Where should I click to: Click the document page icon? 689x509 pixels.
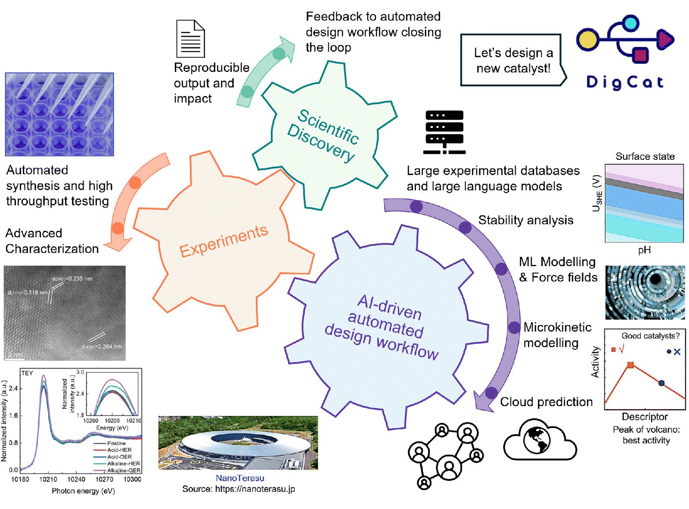(x=190, y=39)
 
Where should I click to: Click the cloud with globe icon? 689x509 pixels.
(x=539, y=440)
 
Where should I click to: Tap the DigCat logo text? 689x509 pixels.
(x=625, y=82)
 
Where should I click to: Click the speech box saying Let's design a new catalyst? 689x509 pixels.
(x=512, y=60)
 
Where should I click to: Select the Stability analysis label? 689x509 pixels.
(x=526, y=220)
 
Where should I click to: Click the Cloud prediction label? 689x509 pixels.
(x=546, y=402)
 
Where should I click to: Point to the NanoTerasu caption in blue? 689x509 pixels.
(x=240, y=478)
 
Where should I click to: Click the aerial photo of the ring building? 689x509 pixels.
(x=238, y=443)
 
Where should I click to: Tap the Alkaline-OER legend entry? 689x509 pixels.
(x=123, y=471)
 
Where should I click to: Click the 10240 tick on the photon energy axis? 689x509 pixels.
(x=76, y=479)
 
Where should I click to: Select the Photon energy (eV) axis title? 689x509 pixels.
(x=83, y=491)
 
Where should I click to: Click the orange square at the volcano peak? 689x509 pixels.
(x=630, y=365)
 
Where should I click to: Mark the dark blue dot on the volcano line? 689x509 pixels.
(x=661, y=383)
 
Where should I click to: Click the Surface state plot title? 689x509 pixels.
(x=645, y=156)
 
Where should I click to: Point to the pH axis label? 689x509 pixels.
(x=644, y=250)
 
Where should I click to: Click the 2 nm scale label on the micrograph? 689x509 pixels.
(x=15, y=355)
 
